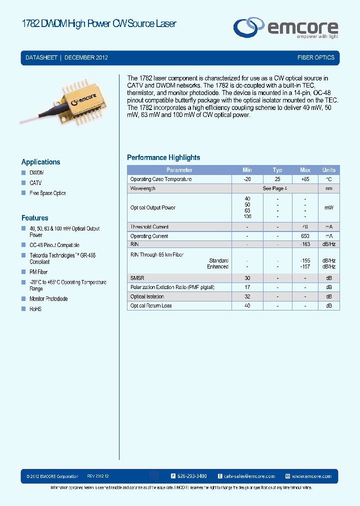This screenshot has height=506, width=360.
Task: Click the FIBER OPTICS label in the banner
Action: point(315,57)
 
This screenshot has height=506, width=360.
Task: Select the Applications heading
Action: point(40,162)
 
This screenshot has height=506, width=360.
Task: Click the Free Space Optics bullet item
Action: point(47,193)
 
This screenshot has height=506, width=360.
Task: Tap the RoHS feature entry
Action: point(35,309)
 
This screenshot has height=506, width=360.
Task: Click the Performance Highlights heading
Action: point(163,157)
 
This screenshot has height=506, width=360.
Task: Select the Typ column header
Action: point(277,170)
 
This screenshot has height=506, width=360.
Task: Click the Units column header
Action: point(328,170)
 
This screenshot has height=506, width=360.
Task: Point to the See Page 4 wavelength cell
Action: point(275,188)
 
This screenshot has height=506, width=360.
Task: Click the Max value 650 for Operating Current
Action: point(305,236)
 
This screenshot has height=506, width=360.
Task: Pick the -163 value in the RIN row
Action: point(305,244)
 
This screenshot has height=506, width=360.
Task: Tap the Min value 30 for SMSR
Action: point(247,278)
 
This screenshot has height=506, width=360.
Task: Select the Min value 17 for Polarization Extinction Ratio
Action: point(247,287)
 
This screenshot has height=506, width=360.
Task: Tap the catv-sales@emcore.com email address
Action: point(246,476)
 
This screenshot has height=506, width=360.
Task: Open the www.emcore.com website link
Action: point(311,476)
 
